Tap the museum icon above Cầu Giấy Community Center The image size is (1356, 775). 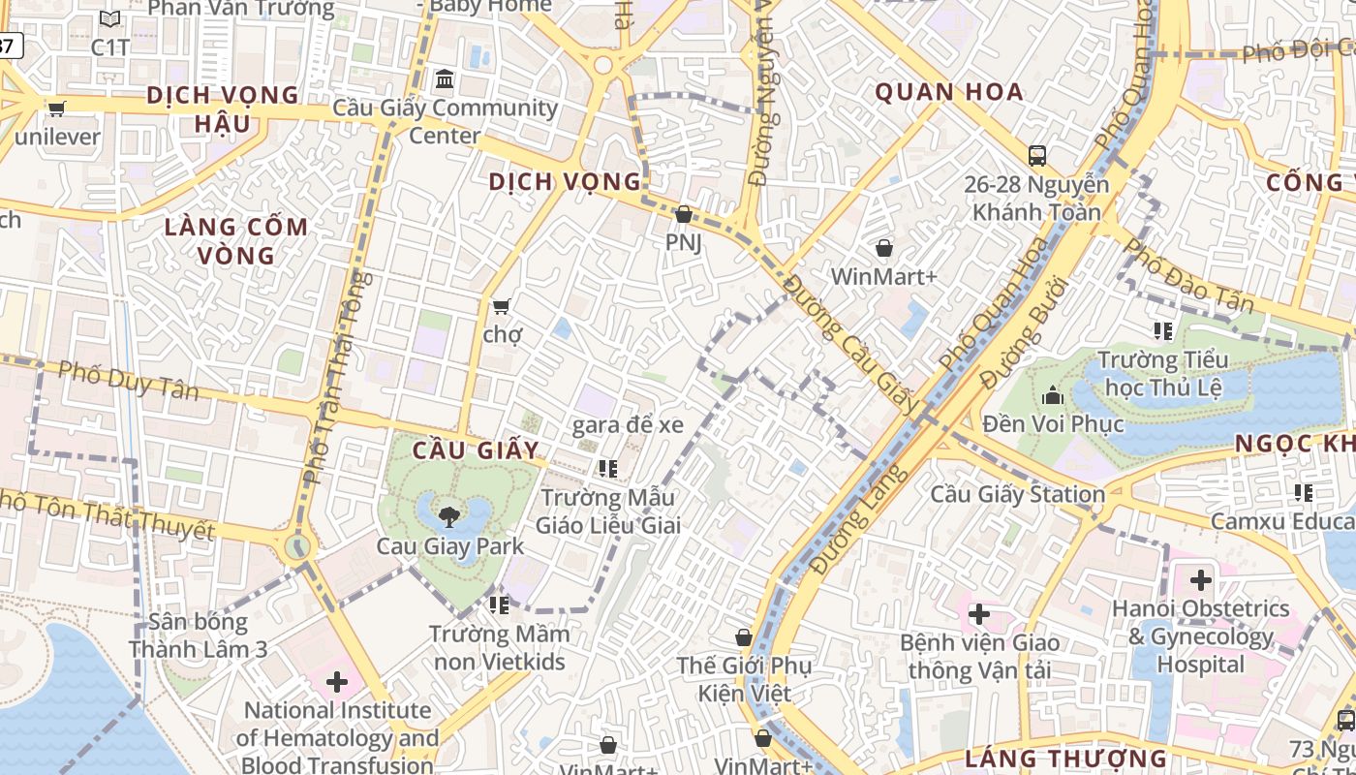tap(445, 78)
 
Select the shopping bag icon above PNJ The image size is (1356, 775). tap(684, 214)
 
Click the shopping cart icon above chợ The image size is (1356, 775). tap(501, 307)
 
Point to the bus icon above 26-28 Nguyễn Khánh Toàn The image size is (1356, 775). tap(1037, 155)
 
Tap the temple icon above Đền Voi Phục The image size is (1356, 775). tap(1053, 395)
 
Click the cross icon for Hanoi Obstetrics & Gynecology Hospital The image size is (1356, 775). tap(1201, 580)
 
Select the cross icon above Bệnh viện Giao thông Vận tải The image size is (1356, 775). tap(979, 614)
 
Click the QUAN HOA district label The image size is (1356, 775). tap(949, 92)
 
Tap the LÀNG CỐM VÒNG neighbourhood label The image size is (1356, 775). tap(237, 241)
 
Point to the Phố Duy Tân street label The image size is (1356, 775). tap(128, 381)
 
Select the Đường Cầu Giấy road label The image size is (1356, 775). tap(849, 345)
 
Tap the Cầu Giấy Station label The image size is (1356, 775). tap(1017, 494)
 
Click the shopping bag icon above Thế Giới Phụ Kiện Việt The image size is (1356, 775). tap(744, 637)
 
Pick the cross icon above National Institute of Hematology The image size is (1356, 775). tap(337, 682)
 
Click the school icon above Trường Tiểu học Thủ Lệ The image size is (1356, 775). tap(1163, 331)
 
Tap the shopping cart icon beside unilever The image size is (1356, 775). tap(56, 108)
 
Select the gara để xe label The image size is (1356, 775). tap(628, 424)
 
